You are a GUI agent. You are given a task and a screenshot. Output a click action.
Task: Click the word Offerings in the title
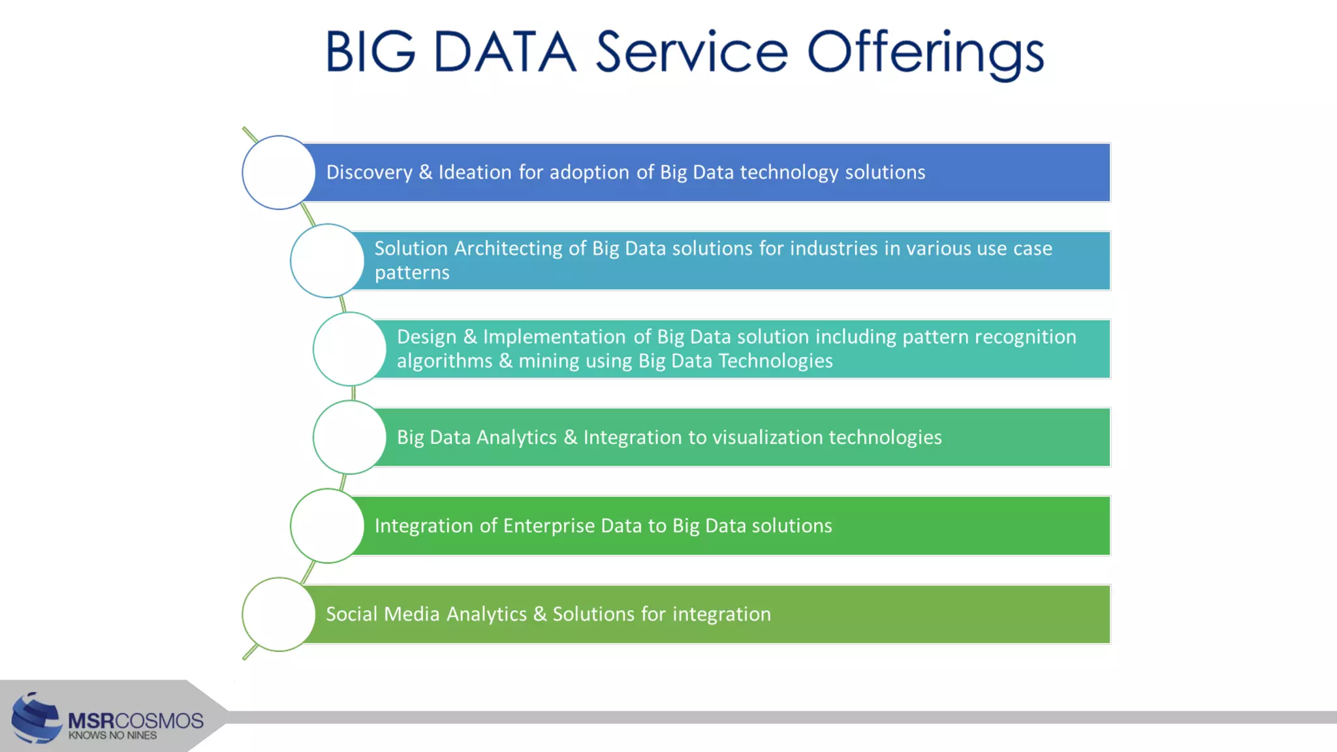(926, 52)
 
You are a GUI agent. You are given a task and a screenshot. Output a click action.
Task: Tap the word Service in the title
(692, 52)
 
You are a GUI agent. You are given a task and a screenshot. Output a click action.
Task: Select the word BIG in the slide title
(370, 52)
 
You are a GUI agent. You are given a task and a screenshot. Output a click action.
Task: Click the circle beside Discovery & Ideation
(279, 172)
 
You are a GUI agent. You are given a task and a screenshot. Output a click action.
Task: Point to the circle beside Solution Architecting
(327, 260)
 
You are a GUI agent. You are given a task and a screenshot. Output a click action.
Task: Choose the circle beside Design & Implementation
(350, 349)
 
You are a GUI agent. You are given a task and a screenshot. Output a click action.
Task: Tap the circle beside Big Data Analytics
(350, 437)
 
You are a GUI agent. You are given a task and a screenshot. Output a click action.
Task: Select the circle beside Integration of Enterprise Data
(327, 525)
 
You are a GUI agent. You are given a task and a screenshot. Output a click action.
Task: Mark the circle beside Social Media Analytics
(279, 614)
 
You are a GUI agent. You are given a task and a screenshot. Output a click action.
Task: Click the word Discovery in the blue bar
(370, 172)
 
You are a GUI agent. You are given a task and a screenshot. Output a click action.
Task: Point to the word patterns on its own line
(412, 273)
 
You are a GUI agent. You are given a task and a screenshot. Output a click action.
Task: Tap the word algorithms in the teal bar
(445, 361)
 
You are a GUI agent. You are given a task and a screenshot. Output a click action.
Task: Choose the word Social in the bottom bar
(351, 614)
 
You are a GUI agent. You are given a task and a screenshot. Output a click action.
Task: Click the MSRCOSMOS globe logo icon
(37, 718)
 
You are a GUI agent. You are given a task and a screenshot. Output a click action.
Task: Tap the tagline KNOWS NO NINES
(113, 736)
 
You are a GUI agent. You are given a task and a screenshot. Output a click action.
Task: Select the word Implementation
(554, 337)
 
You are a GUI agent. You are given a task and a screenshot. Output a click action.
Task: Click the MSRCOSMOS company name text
(136, 721)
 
